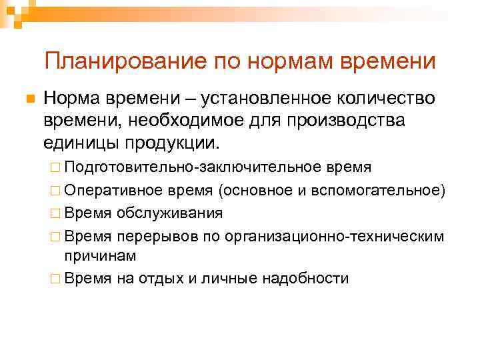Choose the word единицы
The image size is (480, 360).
point(81,143)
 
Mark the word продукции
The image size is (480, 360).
point(180,143)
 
